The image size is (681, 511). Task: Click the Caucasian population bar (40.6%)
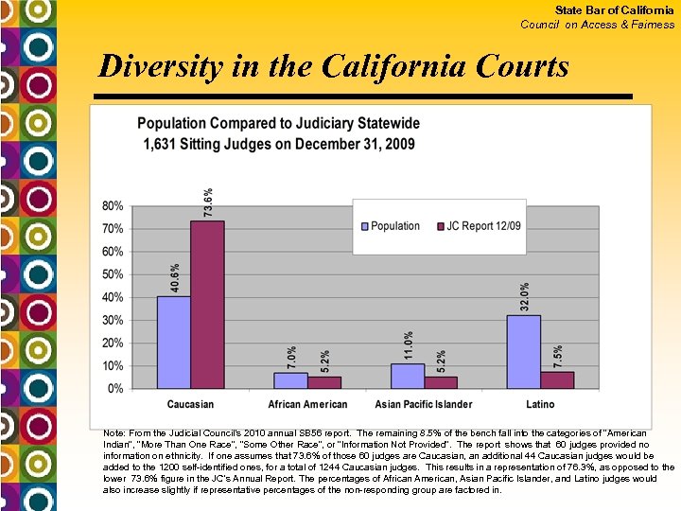(173, 342)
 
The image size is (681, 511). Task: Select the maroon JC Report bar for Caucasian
(207, 304)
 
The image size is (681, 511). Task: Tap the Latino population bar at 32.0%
(524, 351)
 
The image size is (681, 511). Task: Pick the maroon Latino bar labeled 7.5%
(557, 379)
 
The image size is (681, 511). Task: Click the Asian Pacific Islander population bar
(407, 376)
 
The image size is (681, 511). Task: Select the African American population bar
(290, 380)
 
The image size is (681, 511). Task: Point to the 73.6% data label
(208, 202)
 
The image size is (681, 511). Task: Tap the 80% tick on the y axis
(112, 206)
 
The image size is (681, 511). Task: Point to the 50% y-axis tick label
(112, 274)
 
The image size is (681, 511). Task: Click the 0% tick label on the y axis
(114, 389)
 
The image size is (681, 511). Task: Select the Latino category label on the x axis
(540, 405)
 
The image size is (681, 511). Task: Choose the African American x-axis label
(307, 405)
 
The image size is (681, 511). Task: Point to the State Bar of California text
(615, 10)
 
